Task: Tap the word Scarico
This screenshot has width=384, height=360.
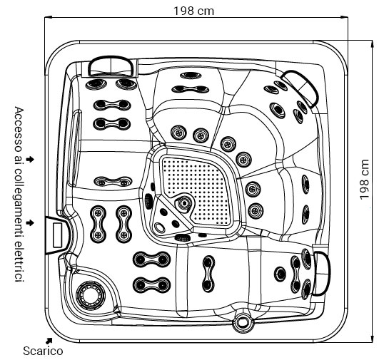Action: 43,350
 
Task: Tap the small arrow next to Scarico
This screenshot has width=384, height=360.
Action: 49,340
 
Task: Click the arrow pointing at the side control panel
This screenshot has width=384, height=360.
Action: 29,223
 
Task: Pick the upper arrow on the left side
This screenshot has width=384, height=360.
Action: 29,157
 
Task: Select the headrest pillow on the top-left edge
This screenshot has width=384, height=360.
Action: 111,65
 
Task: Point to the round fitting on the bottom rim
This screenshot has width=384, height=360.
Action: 243,322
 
